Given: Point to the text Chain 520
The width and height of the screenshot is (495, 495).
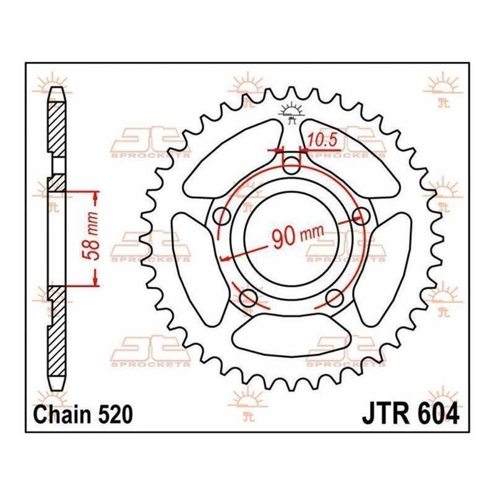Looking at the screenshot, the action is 83,414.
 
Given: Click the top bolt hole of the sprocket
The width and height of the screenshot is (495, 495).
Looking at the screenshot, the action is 291,165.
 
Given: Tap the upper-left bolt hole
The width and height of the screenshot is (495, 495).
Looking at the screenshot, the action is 222,216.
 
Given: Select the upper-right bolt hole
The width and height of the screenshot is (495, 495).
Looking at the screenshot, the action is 361,214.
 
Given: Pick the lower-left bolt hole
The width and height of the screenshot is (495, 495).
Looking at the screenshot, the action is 249,297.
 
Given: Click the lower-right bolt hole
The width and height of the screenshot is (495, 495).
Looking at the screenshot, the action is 334,298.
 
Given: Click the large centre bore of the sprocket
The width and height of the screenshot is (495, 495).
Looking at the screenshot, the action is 291,239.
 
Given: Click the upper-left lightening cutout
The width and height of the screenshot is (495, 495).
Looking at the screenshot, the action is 233,158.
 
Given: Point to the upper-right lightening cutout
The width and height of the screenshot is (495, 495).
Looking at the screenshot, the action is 350,158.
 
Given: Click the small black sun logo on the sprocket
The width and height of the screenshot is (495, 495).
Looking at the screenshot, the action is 291,113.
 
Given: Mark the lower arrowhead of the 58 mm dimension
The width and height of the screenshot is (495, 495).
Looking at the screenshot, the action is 95,280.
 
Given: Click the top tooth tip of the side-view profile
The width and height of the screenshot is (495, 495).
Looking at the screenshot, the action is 56,87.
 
